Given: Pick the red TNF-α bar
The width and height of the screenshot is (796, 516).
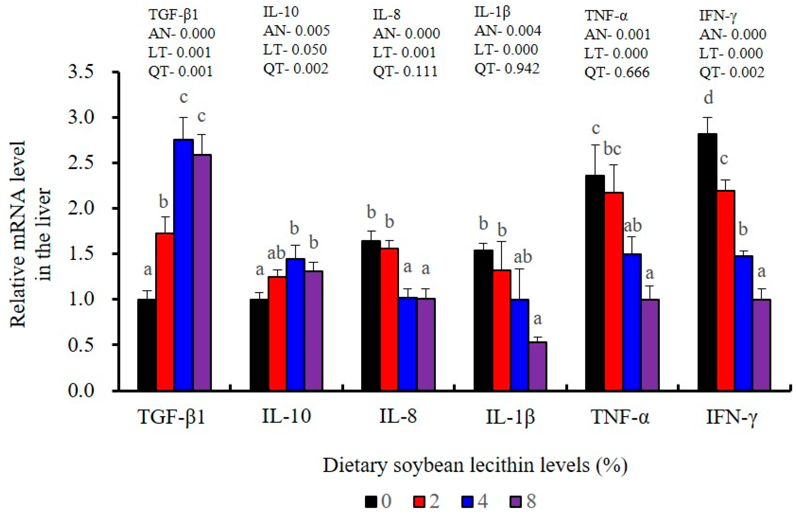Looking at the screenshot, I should [614, 291].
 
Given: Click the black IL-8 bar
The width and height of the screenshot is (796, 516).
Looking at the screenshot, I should [371, 315].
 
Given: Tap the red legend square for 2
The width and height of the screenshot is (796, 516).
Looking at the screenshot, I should [418, 501].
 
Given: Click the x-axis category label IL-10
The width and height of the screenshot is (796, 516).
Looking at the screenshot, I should [287, 416].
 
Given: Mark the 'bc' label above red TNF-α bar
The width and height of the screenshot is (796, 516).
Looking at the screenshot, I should [612, 149].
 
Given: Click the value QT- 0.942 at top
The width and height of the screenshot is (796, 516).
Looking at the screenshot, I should [507, 68].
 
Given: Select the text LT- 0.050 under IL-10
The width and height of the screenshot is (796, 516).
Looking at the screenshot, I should [295, 50].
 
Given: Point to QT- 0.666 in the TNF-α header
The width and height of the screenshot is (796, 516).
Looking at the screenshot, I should [617, 72].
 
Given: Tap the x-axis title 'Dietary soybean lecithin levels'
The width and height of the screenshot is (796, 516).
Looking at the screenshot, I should [475, 465].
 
